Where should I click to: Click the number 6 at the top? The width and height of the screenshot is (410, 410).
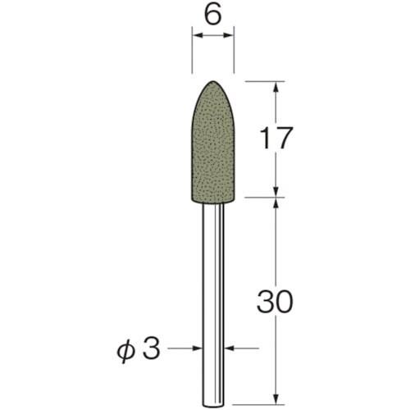(213, 16)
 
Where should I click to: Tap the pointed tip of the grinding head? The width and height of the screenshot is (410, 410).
(213, 81)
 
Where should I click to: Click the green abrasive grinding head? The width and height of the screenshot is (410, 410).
(213, 143)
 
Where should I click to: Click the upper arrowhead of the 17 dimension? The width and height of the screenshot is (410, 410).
(276, 87)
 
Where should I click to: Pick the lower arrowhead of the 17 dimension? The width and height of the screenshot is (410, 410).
(276, 191)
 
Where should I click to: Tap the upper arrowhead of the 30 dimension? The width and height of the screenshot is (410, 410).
(276, 203)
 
